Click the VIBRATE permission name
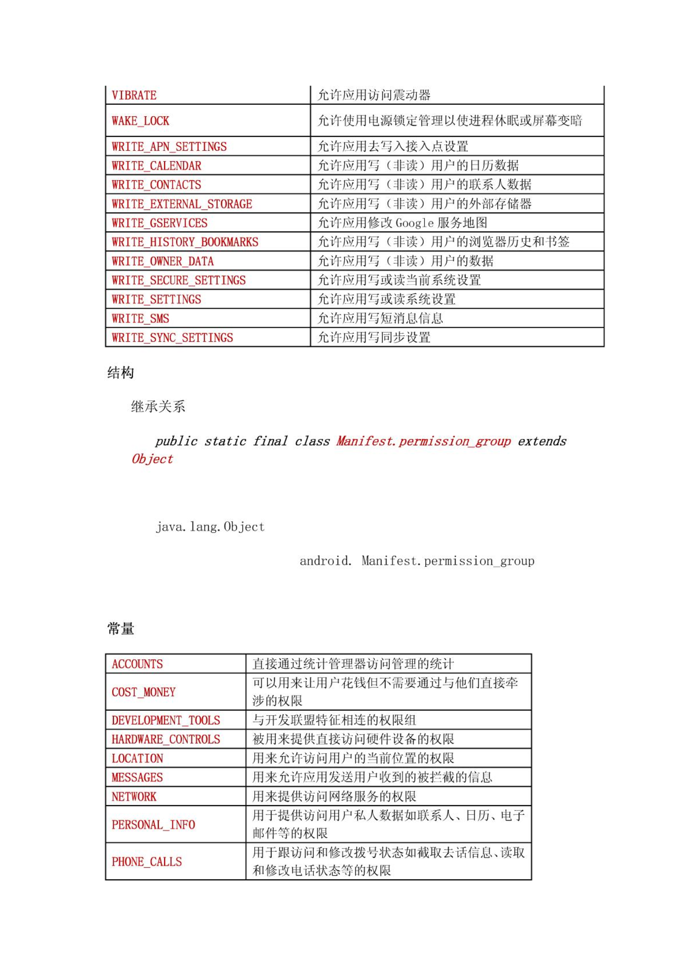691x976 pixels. tap(134, 95)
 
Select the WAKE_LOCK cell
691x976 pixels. tap(140, 121)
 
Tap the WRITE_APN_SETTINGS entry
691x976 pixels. tap(169, 147)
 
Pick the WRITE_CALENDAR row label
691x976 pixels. tap(156, 166)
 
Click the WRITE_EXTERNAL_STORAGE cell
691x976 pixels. tap(182, 204)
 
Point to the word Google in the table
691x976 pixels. tap(414, 223)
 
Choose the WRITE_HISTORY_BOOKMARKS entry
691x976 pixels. tap(185, 242)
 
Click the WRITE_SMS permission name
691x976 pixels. tap(140, 319)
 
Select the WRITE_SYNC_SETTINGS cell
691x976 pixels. tap(172, 338)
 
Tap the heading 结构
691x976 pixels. tap(121, 373)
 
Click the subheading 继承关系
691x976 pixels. tap(158, 407)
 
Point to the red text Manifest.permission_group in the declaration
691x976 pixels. tap(424, 441)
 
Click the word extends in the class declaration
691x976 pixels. tap(542, 441)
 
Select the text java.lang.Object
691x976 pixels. tap(210, 527)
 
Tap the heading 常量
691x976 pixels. tap(121, 628)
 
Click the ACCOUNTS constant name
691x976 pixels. tap(137, 664)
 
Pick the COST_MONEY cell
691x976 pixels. tap(143, 692)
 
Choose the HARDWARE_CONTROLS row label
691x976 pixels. tap(166, 739)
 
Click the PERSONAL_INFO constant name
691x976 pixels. tap(153, 824)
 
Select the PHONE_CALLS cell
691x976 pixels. tap(147, 862)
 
